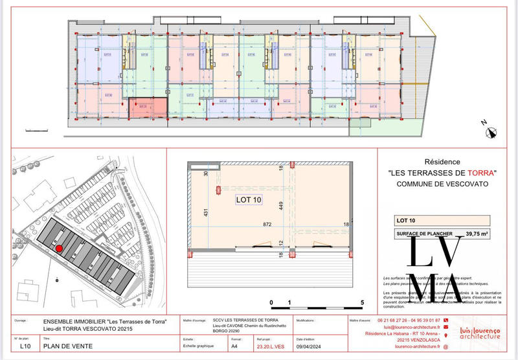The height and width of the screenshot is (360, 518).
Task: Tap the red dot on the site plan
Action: (58, 248)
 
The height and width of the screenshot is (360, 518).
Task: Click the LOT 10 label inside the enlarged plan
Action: (248, 200)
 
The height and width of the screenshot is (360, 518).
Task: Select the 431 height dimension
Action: (207, 213)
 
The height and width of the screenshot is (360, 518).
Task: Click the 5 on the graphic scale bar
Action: (363, 302)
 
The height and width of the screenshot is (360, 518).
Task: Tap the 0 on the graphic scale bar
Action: (272, 302)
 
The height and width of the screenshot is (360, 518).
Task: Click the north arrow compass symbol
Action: (491, 131)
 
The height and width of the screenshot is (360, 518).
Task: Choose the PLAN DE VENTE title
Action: (67, 346)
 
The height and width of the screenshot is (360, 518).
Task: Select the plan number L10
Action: (25, 346)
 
